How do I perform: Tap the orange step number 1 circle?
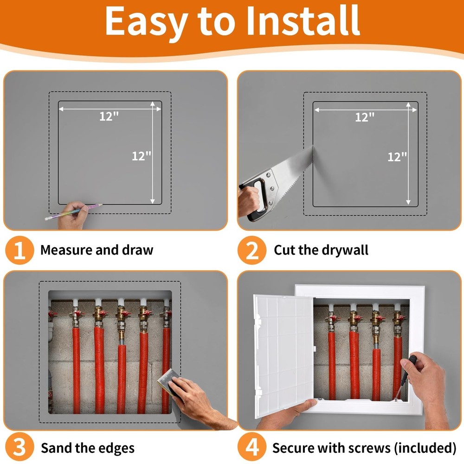(x=19, y=251)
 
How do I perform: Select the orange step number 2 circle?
(x=252, y=251)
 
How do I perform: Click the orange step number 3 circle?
(x=19, y=448)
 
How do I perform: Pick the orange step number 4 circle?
(x=252, y=448)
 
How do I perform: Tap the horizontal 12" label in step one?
(x=109, y=116)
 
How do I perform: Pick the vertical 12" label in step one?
(x=142, y=156)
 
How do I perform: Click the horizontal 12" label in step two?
(x=365, y=117)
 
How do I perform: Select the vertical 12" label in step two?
(x=397, y=157)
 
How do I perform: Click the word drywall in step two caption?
(x=346, y=251)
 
